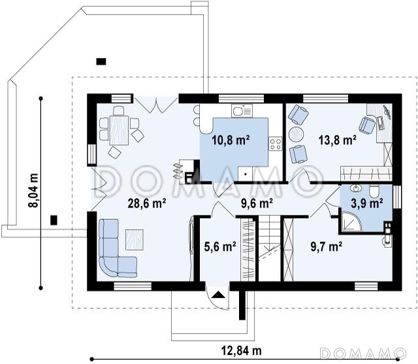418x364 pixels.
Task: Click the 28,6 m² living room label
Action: click(147, 204)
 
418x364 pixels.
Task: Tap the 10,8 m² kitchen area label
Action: click(231, 140)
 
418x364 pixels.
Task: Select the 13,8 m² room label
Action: click(338, 140)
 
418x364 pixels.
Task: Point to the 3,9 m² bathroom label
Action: click(367, 203)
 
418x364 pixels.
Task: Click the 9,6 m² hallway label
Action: click(257, 204)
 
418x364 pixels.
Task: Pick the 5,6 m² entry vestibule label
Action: click(220, 247)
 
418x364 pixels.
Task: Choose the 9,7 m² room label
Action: click(327, 247)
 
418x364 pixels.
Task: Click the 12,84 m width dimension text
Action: click(242, 350)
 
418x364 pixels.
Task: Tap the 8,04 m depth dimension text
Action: click(33, 190)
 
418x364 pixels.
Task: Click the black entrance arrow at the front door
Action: click(218, 294)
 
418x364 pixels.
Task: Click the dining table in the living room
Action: click(119, 130)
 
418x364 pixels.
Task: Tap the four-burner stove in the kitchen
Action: click(276, 144)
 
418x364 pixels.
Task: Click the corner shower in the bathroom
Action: click(351, 221)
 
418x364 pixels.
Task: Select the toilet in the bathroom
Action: click(374, 191)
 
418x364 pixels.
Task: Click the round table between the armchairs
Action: click(296, 134)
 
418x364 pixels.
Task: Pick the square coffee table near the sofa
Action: click(135, 239)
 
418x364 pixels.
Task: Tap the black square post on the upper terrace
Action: click(101, 62)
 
